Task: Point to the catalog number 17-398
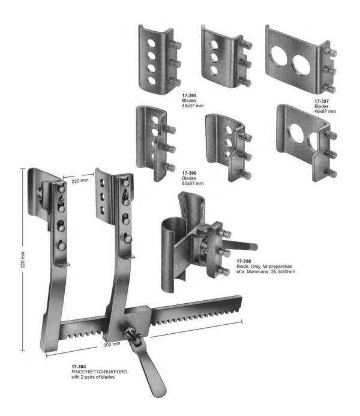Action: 244,262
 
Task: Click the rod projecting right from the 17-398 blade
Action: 246,246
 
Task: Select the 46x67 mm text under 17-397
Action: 325,112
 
